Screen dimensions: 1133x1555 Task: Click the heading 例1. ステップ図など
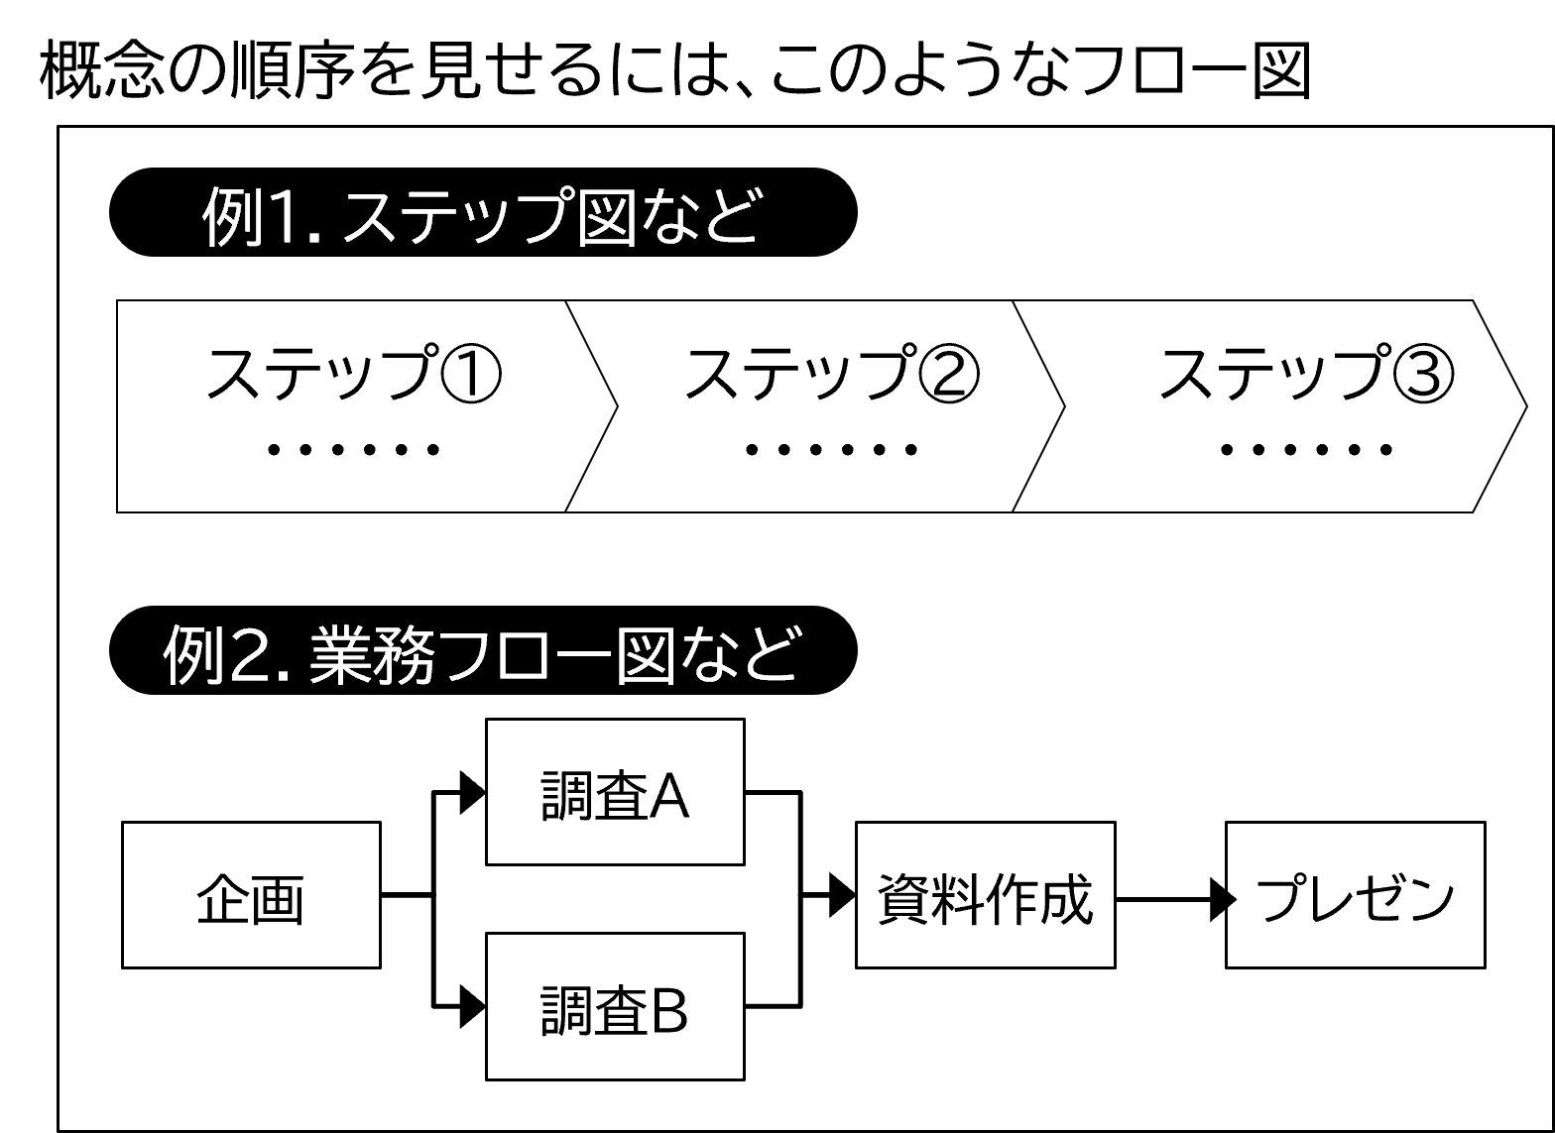479,217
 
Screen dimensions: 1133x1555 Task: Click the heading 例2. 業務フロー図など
479,655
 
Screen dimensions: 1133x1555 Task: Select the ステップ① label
353,375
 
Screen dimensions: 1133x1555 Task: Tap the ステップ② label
831,375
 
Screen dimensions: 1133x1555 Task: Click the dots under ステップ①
353,450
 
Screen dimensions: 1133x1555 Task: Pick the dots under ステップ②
831,450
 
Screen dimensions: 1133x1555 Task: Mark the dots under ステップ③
1306,450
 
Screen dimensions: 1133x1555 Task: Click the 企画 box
251,895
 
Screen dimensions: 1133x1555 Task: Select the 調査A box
615,792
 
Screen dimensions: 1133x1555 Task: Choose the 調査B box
615,1006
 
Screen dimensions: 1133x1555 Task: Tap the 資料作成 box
985,895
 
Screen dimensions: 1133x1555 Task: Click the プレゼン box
1355,895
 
